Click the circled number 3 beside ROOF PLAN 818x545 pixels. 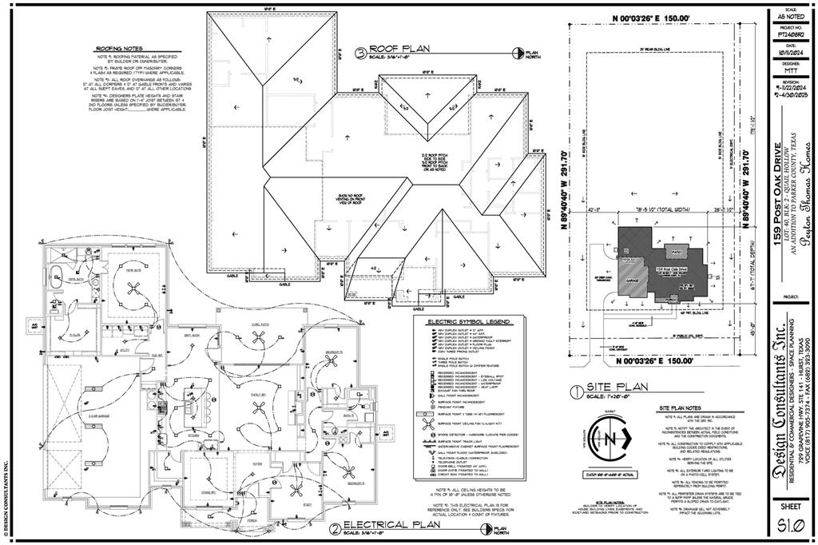(x=360, y=54)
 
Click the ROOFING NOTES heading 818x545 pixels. (x=119, y=49)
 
